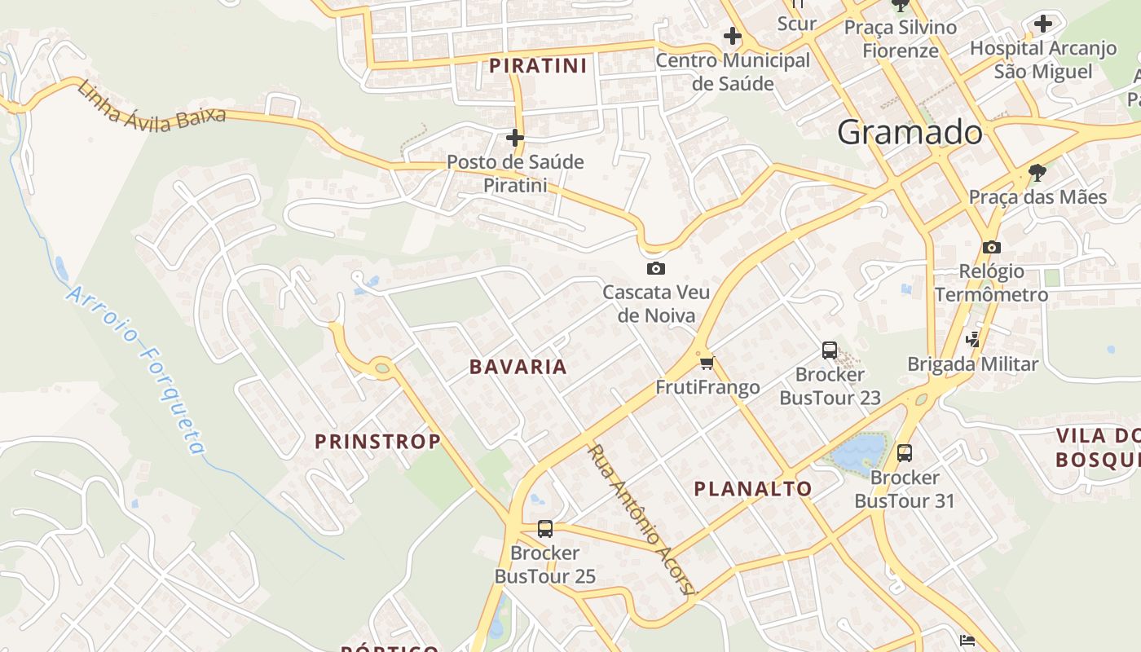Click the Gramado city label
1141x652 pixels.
click(x=910, y=132)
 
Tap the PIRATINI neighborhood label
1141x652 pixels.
click(x=538, y=66)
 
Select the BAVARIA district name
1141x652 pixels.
click(x=518, y=367)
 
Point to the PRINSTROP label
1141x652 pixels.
click(x=377, y=442)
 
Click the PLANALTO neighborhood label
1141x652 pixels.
click(x=753, y=489)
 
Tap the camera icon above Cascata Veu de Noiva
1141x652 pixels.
click(x=655, y=269)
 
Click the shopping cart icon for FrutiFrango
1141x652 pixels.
click(x=707, y=363)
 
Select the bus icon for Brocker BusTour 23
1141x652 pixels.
click(x=830, y=350)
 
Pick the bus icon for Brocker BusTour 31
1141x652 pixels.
click(x=904, y=453)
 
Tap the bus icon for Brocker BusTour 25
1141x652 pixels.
click(x=545, y=529)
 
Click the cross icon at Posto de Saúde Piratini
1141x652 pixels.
click(x=515, y=138)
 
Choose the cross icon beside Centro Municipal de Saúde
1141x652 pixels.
click(x=733, y=36)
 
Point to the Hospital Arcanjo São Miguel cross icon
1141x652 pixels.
click(x=1043, y=24)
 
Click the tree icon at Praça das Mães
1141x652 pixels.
click(x=1037, y=173)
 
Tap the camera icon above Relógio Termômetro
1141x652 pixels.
click(x=991, y=247)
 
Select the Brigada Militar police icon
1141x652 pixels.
click(x=972, y=340)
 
